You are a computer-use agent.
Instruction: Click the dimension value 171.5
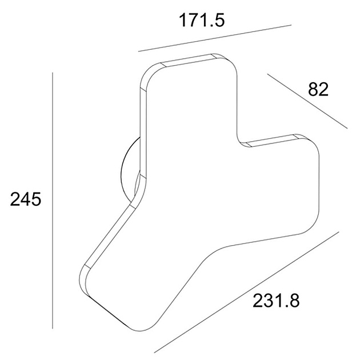pyautogui.click(x=202, y=20)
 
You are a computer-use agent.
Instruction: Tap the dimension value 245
pyautogui.click(x=26, y=199)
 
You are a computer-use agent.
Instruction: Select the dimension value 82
pyautogui.click(x=318, y=89)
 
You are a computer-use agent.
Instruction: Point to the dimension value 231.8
pyautogui.click(x=276, y=301)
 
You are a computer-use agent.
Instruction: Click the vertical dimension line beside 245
pyautogui.click(x=53, y=201)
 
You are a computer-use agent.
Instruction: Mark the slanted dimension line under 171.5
pyautogui.click(x=215, y=38)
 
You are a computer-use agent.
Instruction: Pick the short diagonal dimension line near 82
pyautogui.click(x=307, y=101)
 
